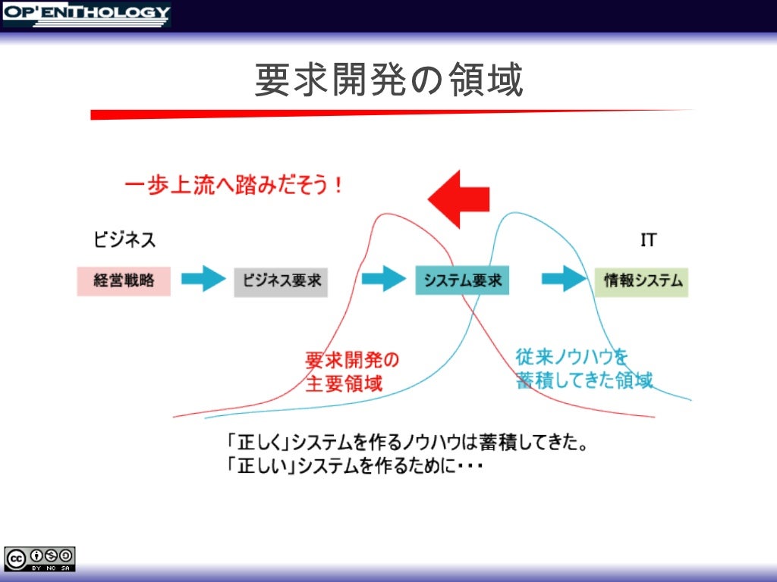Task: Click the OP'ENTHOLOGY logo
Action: (86, 14)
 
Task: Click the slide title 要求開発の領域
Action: (388, 80)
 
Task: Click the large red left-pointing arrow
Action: (458, 199)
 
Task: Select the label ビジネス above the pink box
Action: (124, 240)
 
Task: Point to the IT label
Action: (648, 241)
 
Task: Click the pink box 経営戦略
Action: (124, 280)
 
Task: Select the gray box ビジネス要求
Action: (281, 280)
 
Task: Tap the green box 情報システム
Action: (642, 281)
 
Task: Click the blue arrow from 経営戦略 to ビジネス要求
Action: (203, 280)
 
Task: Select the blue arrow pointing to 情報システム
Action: (565, 280)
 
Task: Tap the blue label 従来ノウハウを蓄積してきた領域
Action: (584, 368)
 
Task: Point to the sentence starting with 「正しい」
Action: (354, 466)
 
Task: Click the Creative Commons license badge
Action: (39, 558)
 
